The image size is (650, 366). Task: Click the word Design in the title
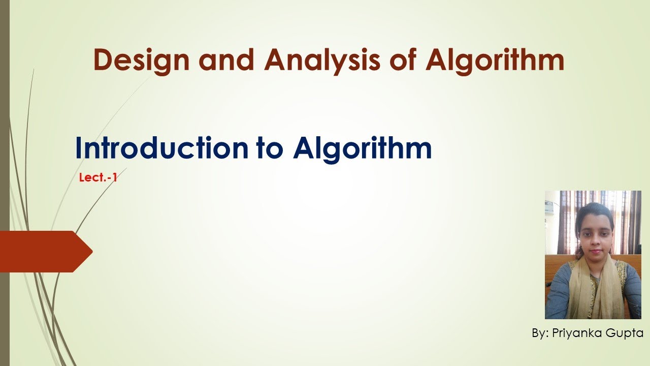click(142, 60)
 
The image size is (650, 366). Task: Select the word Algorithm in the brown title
click(495, 60)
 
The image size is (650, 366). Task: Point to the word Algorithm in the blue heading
click(362, 148)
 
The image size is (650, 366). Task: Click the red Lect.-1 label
click(98, 178)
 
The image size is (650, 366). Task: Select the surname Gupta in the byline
click(625, 333)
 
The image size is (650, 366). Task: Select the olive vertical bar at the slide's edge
click(5, 183)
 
